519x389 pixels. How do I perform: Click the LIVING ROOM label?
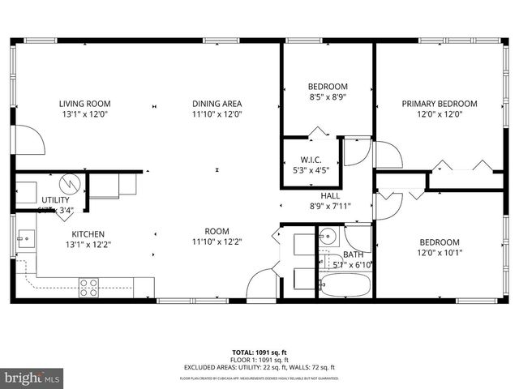(84, 104)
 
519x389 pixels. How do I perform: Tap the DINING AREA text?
(217, 104)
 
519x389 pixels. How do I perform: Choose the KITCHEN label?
(84, 233)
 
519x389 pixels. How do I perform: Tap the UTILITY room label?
(55, 200)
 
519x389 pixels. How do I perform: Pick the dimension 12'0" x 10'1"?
(440, 253)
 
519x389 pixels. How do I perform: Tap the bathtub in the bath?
(345, 286)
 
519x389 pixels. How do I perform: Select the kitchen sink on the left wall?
(25, 239)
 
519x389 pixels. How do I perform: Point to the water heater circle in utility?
(70, 182)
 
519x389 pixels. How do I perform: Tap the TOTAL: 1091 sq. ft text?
(259, 353)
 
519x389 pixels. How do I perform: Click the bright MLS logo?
(32, 378)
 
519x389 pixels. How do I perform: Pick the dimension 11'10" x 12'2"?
(217, 241)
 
